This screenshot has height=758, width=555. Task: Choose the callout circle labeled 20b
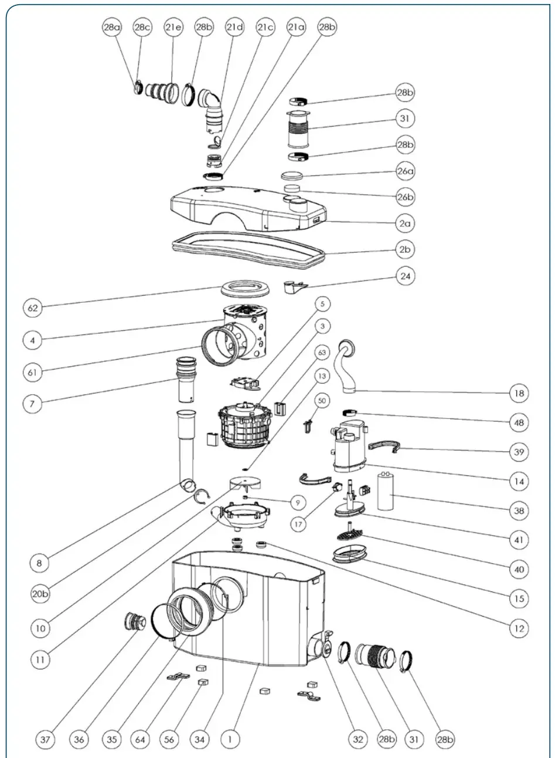point(39,593)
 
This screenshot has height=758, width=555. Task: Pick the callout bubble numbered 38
point(519,510)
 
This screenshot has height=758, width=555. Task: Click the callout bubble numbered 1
point(231,739)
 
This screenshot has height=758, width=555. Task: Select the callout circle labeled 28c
point(142,28)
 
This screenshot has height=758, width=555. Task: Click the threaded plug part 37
point(133,621)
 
